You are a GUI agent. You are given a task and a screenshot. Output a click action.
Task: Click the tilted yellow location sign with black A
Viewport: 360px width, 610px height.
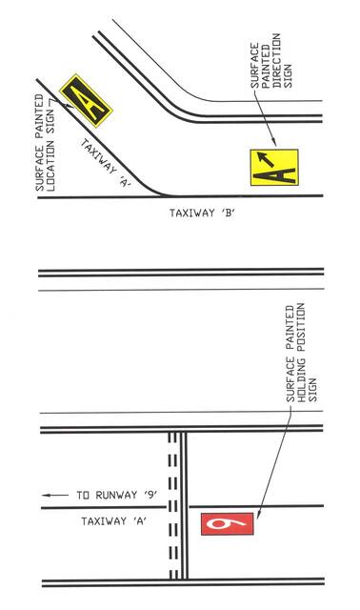click(x=86, y=99)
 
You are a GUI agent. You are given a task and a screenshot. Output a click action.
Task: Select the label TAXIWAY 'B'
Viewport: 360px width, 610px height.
click(x=202, y=215)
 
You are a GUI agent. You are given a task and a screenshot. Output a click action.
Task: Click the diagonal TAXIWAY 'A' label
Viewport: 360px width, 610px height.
click(x=108, y=161)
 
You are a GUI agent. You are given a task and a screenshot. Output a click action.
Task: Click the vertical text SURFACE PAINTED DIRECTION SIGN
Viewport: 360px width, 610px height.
click(x=267, y=75)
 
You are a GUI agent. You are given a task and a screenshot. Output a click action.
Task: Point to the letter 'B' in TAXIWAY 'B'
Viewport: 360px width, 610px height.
click(x=228, y=215)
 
